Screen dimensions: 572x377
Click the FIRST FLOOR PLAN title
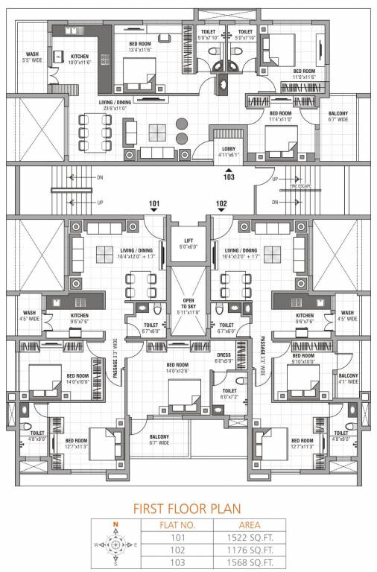[188, 509]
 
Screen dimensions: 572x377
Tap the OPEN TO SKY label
[188, 305]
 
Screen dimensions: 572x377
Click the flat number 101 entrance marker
[154, 204]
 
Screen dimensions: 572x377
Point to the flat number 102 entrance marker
[221, 204]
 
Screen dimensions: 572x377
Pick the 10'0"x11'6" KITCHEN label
[79, 60]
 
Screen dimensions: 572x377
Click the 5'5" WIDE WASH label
[33, 57]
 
